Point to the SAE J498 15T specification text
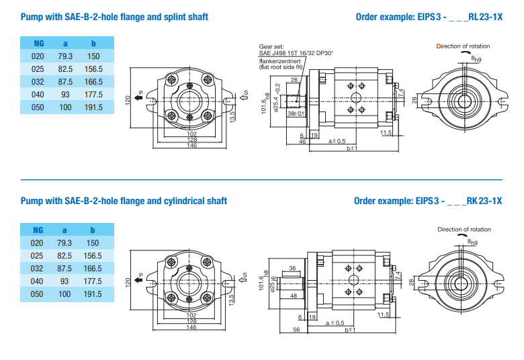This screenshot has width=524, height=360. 296,52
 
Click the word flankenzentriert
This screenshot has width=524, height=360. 277,61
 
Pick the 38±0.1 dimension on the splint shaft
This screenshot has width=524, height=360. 296,114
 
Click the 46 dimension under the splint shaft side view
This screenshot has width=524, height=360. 303,142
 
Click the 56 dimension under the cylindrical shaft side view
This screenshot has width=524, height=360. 296,329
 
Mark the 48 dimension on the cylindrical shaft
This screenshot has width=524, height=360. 294,295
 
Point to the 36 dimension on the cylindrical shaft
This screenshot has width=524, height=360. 293,268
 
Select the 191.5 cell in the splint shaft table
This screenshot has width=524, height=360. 93,107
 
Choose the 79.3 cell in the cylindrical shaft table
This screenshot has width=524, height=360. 65,243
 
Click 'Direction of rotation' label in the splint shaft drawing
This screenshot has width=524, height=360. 463,46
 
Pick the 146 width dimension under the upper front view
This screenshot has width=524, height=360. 192,146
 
